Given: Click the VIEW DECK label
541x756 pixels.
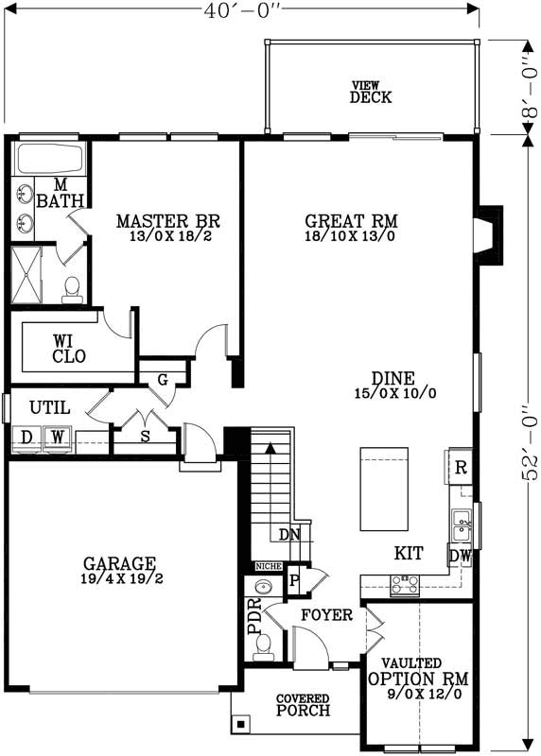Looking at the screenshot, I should tap(370, 92).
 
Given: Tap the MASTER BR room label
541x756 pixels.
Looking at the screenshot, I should tap(167, 228).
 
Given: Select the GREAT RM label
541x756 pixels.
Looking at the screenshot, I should tap(351, 228).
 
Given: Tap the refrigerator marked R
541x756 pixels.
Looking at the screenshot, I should tap(460, 467).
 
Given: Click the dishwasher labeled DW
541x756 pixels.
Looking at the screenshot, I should tap(461, 556).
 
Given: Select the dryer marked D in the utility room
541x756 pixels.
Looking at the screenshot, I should tap(26, 438).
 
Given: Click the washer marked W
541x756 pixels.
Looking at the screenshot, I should tap(57, 438).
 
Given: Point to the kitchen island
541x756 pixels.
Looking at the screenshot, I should tap(383, 489).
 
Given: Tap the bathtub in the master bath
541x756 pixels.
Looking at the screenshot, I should tap(51, 158).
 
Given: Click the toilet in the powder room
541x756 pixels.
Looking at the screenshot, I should tap(264, 644).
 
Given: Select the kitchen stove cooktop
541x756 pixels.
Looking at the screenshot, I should tap(405, 586).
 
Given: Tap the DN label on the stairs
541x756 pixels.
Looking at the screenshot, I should tap(289, 535).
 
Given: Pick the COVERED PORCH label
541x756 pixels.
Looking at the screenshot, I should tap(303, 705).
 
